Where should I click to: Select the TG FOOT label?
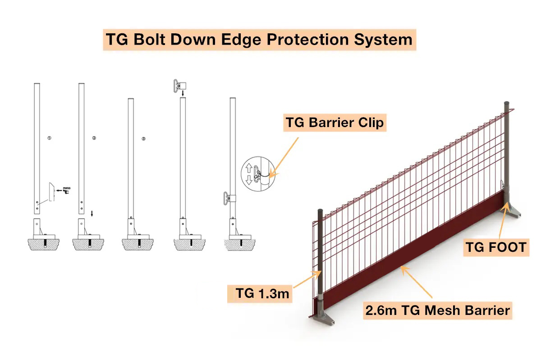496,246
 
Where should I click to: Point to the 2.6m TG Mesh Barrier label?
438,310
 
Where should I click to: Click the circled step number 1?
49,138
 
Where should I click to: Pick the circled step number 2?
94,138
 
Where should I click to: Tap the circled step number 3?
143,138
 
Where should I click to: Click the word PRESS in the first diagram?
66,188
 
